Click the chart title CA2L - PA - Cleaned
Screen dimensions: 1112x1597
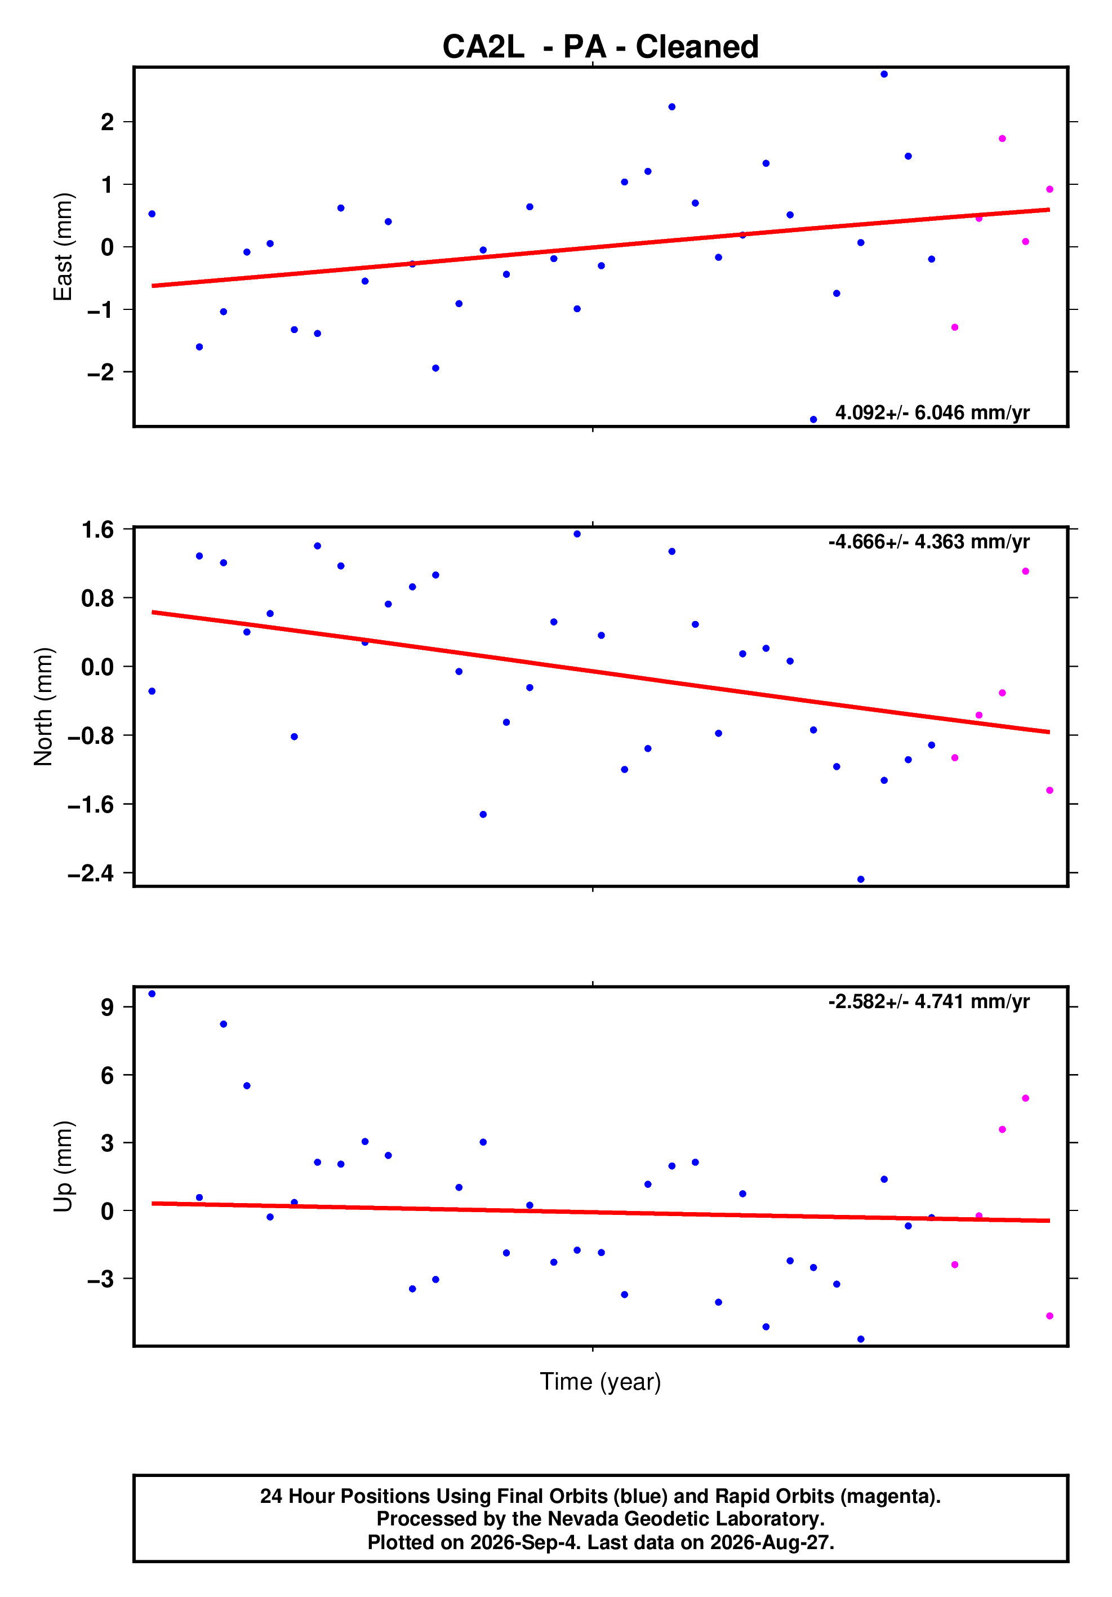pyautogui.click(x=600, y=47)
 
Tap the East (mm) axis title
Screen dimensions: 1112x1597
pyautogui.click(x=63, y=247)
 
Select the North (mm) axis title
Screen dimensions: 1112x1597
pyautogui.click(x=43, y=707)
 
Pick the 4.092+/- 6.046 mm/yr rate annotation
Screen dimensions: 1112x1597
pyautogui.click(x=932, y=412)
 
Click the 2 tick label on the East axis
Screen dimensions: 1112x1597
pyautogui.click(x=107, y=122)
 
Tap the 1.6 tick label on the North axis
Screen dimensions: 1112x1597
pyautogui.click(x=97, y=530)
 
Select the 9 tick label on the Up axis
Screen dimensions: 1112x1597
pyautogui.click(x=107, y=1006)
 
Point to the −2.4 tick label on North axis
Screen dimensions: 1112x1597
pyautogui.click(x=90, y=873)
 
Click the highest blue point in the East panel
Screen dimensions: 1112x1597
pyautogui.click(x=884, y=74)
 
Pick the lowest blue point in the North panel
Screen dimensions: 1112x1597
pyautogui.click(x=860, y=879)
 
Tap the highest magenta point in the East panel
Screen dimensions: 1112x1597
pyautogui.click(x=1002, y=139)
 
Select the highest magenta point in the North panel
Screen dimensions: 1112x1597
pyautogui.click(x=1025, y=571)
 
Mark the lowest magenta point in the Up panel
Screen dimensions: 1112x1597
pyautogui.click(x=1049, y=1316)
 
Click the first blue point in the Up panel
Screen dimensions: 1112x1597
pyautogui.click(x=152, y=994)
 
